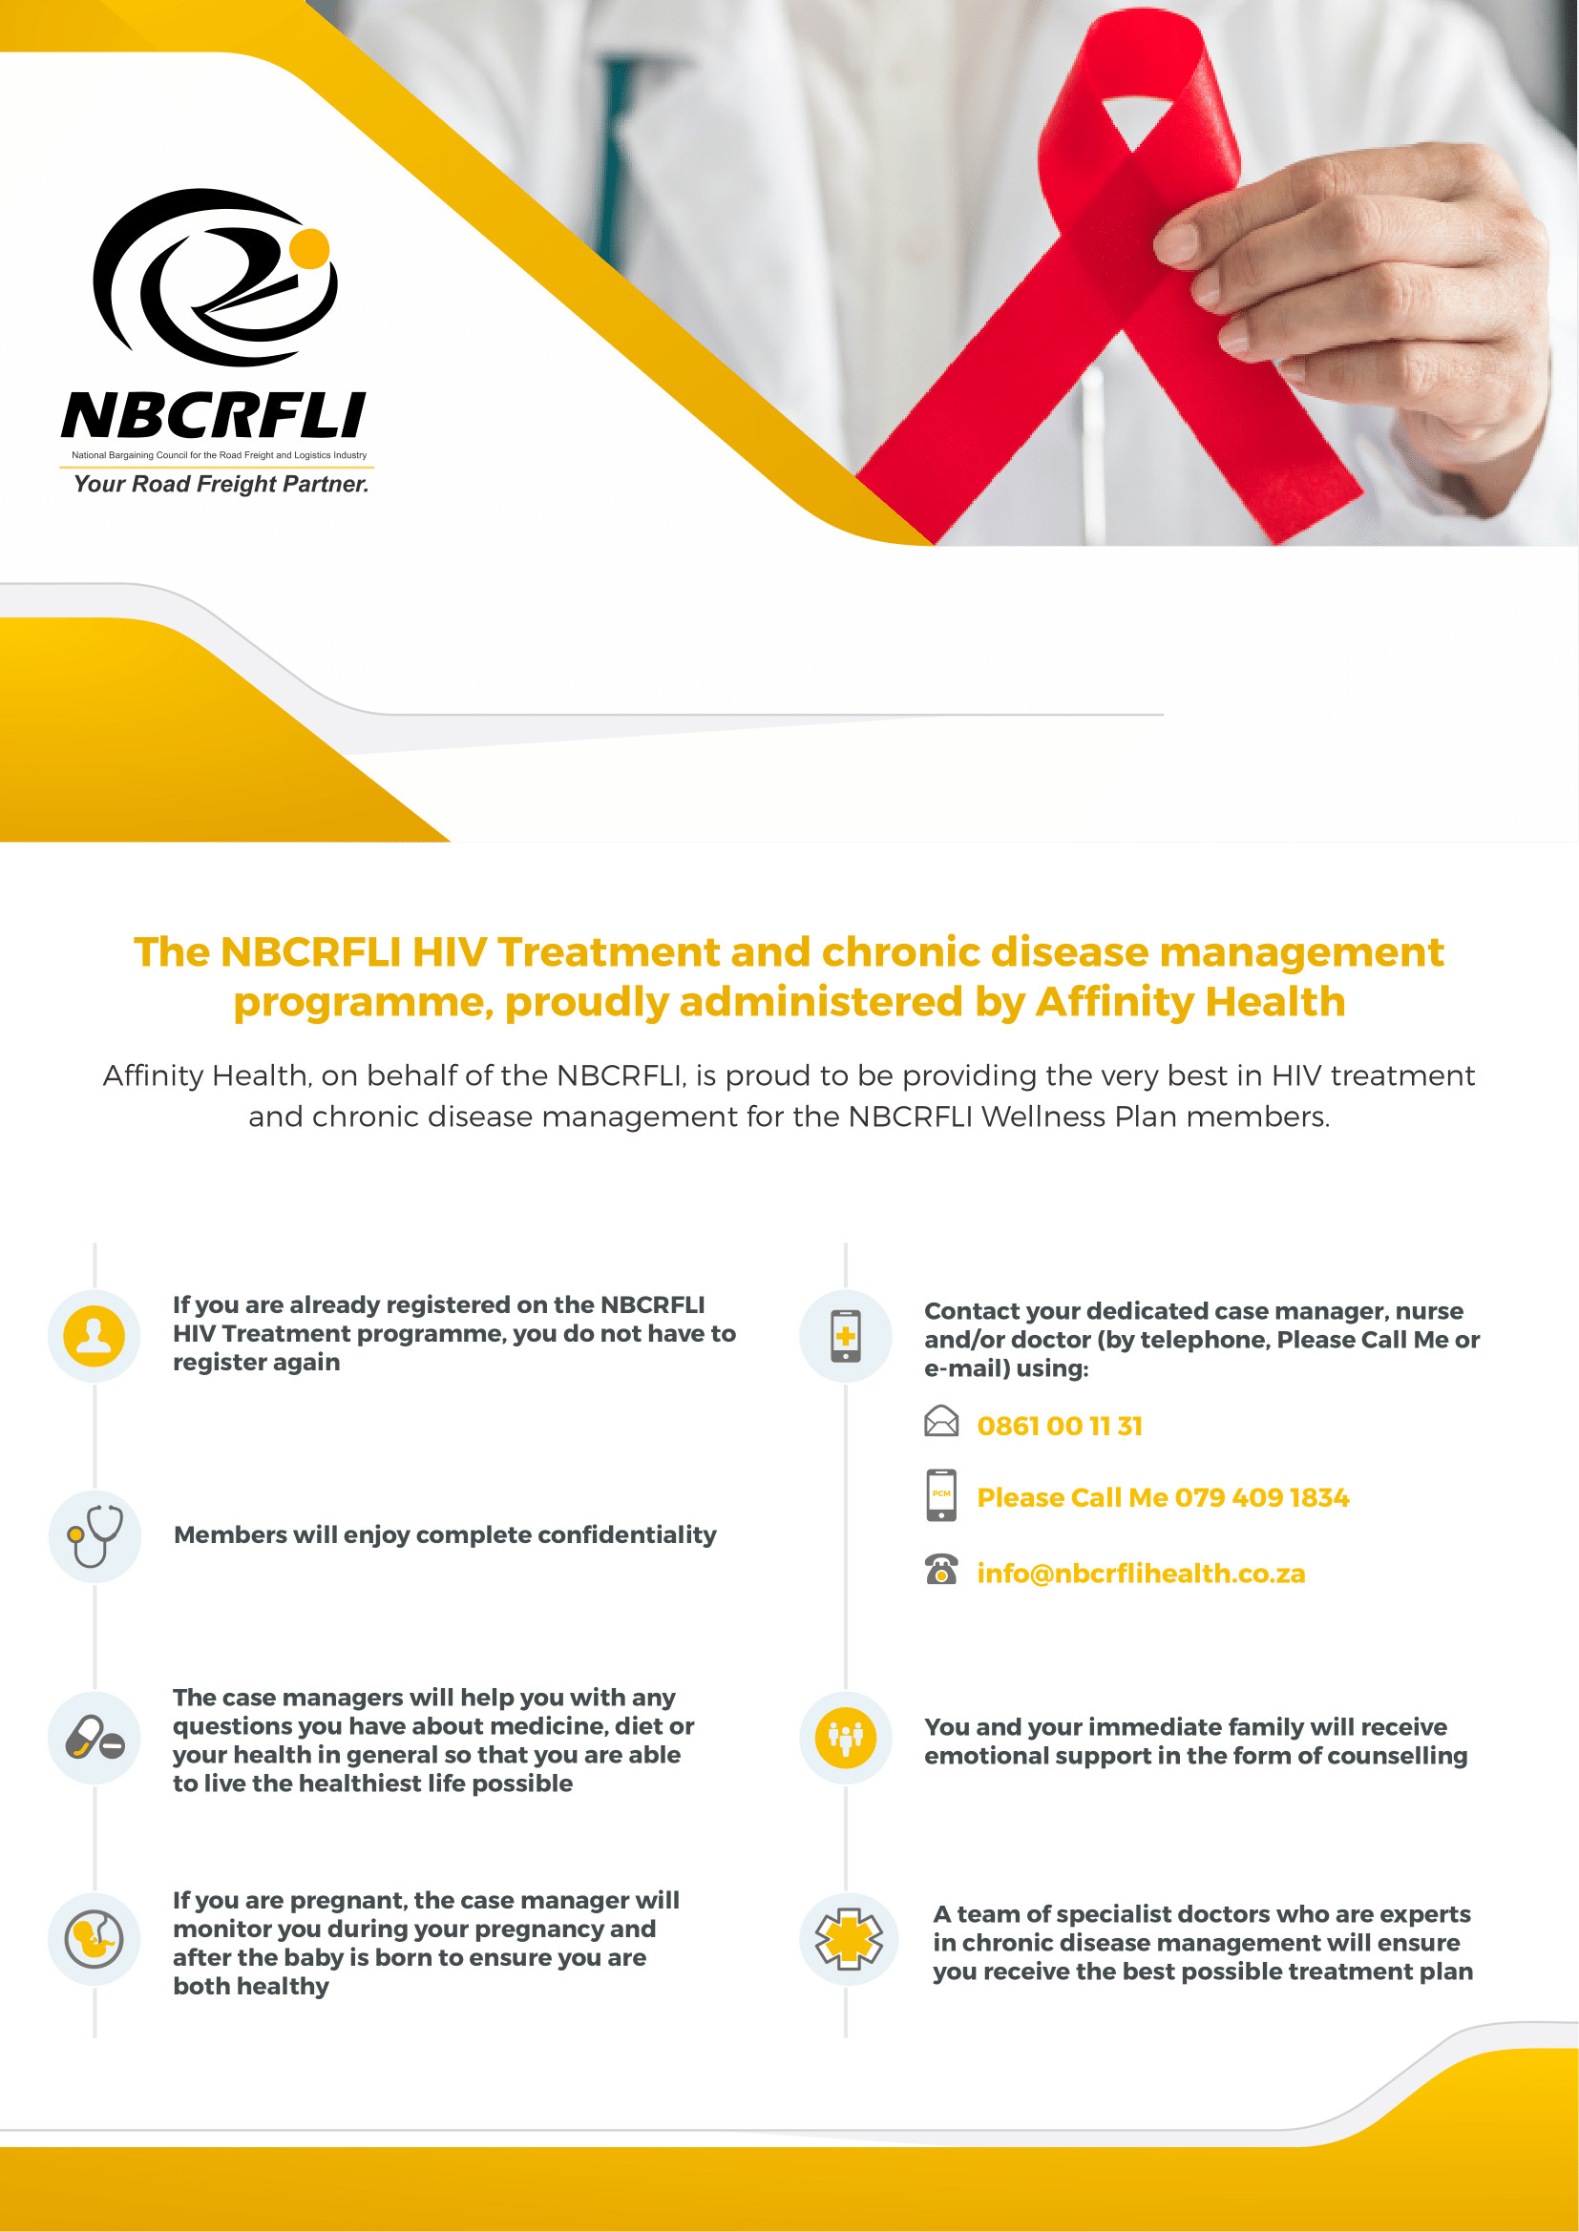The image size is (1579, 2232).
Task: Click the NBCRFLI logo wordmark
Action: point(214,415)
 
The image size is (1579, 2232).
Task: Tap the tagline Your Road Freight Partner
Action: point(221,484)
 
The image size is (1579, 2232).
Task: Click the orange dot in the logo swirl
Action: point(310,248)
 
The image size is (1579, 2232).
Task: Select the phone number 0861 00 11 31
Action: point(1060,1426)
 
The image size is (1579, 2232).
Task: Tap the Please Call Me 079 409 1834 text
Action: point(1163,1498)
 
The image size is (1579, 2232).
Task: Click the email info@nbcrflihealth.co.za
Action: point(1141,1574)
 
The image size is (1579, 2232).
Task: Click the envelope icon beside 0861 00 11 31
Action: point(940,1421)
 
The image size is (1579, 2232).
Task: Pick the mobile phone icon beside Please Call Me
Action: point(941,1495)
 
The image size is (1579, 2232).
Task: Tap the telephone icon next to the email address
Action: point(940,1569)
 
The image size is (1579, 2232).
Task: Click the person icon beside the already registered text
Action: point(95,1336)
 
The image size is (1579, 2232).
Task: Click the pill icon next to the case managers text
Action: point(95,1738)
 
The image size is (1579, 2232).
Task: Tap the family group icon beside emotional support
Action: point(846,1738)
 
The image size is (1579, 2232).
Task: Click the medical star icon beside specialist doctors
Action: point(849,1939)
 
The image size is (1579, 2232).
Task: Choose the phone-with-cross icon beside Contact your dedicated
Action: point(846,1336)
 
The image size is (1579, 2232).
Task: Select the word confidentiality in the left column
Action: point(627,1535)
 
